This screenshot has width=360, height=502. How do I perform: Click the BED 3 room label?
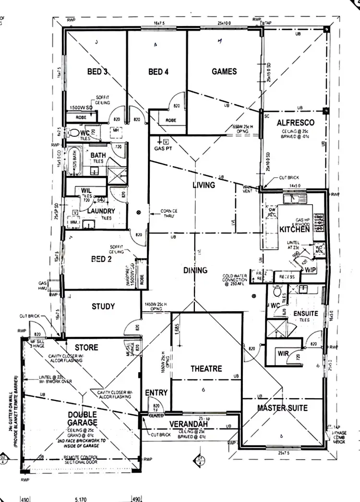97,72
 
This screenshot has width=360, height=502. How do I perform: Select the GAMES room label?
224,72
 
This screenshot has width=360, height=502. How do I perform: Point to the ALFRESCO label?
295,123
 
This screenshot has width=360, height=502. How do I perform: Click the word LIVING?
204,185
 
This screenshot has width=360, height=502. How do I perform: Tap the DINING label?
195,270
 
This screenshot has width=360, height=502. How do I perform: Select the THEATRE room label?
206,368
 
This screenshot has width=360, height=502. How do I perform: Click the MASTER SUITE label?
282,408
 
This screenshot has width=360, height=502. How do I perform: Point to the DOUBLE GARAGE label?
83,418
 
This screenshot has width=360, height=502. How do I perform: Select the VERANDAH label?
189,425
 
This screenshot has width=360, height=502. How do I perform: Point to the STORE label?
86,347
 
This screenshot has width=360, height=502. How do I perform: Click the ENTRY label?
156,392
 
